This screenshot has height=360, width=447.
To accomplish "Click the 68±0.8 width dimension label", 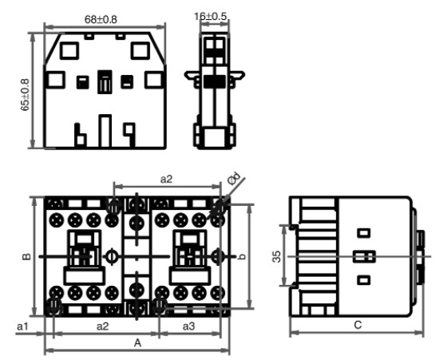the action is pos(101,20).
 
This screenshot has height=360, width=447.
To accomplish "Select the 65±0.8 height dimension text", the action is pos(25,95).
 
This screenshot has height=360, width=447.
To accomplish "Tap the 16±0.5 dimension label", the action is pos(211,17).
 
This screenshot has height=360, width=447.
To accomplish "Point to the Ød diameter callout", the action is pos(234,179).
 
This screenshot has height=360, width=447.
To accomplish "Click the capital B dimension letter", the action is pos(26,256).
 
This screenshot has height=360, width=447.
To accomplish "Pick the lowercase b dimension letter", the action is pos(242,256).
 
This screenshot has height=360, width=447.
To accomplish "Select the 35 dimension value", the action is pos(276,256).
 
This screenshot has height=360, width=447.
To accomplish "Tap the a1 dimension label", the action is pos(23,326).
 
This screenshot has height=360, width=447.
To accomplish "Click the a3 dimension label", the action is pos(188,326).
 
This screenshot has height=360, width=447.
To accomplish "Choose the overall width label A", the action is pos(137,343).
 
